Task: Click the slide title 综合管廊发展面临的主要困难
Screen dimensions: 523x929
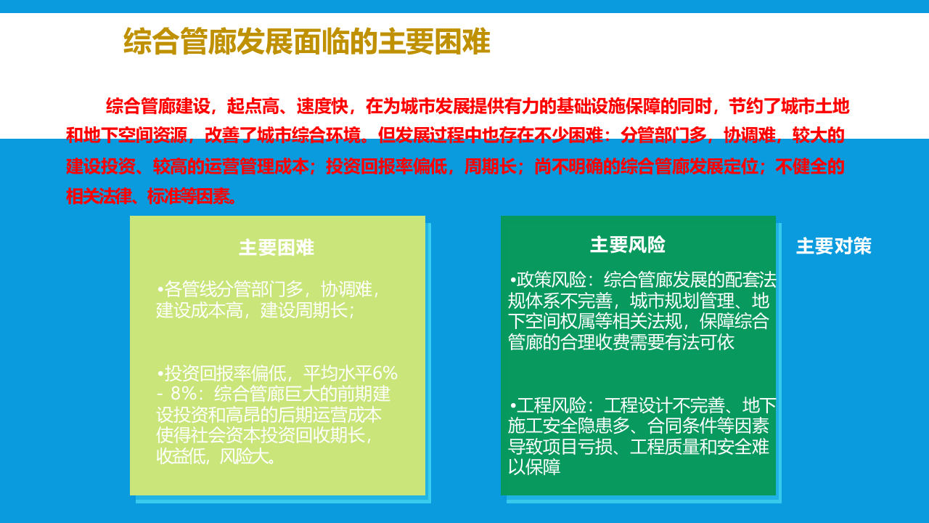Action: [x=307, y=42]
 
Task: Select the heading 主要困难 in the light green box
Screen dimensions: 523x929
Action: [x=277, y=248]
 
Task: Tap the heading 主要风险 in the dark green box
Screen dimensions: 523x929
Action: [x=628, y=245]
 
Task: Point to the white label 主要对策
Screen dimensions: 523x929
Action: [x=834, y=246]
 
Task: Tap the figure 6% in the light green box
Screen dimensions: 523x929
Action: [x=385, y=373]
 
